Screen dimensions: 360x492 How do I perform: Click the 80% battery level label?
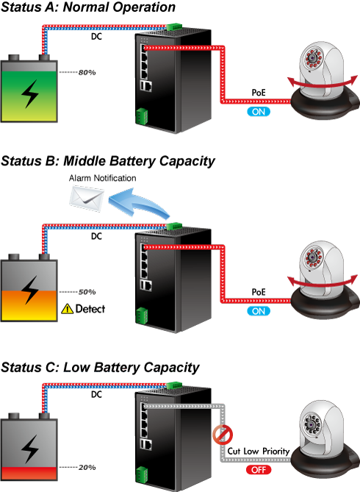pyautogui.click(x=87, y=73)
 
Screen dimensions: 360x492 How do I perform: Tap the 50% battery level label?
pyautogui.click(x=87, y=292)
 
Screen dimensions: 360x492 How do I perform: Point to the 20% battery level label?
pyautogui.click(x=87, y=468)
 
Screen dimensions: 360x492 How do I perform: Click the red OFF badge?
pyautogui.click(x=259, y=470)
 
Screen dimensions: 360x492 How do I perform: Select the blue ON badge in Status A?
pyautogui.click(x=259, y=112)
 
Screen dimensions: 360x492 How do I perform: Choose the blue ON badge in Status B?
pyautogui.click(x=259, y=311)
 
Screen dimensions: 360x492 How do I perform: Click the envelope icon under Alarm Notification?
pyautogui.click(x=87, y=199)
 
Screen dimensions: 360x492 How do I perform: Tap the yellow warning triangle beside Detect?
pyautogui.click(x=67, y=309)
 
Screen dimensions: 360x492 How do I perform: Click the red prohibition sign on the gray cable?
pyautogui.click(x=223, y=435)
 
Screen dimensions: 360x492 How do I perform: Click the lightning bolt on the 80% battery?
pyautogui.click(x=30, y=93)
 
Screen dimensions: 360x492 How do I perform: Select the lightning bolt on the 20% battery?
pyautogui.click(x=30, y=449)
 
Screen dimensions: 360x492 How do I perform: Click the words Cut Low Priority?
pyautogui.click(x=259, y=452)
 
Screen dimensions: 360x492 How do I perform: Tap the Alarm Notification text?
pyautogui.click(x=103, y=178)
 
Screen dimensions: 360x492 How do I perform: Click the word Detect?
pyautogui.click(x=90, y=309)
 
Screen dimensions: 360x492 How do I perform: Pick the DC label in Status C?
pyautogui.click(x=96, y=394)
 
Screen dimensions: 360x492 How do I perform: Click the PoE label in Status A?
pyautogui.click(x=259, y=93)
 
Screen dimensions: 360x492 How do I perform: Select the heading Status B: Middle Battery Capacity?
pyautogui.click(x=108, y=161)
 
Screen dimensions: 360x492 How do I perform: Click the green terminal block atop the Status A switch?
pyautogui.click(x=174, y=26)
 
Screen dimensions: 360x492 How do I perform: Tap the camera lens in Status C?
pyautogui.click(x=312, y=424)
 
